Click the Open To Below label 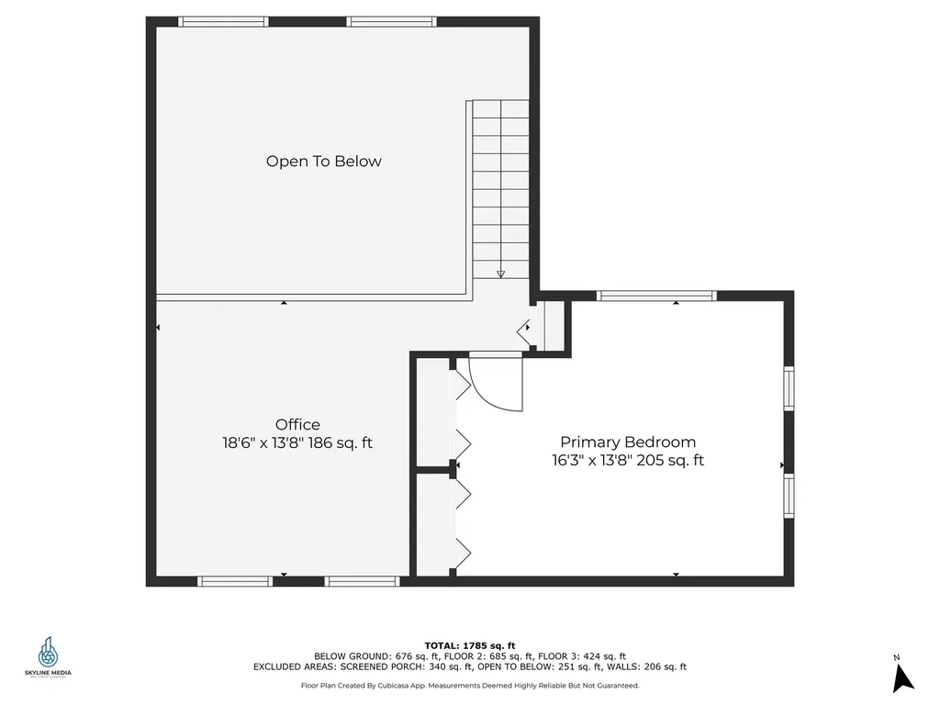tap(323, 162)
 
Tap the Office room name tap(297, 425)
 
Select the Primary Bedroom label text tap(628, 442)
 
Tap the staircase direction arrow tap(500, 273)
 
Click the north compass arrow tap(903, 677)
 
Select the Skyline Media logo tap(48, 657)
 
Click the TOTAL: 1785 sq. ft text tap(470, 644)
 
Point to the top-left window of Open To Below tap(223, 21)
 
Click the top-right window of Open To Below tap(392, 21)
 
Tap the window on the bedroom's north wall tap(656, 296)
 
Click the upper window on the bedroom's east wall tap(789, 388)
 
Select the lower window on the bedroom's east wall tap(789, 496)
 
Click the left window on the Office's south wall tap(235, 581)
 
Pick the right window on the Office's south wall tap(362, 581)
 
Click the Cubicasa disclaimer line tap(470, 686)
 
